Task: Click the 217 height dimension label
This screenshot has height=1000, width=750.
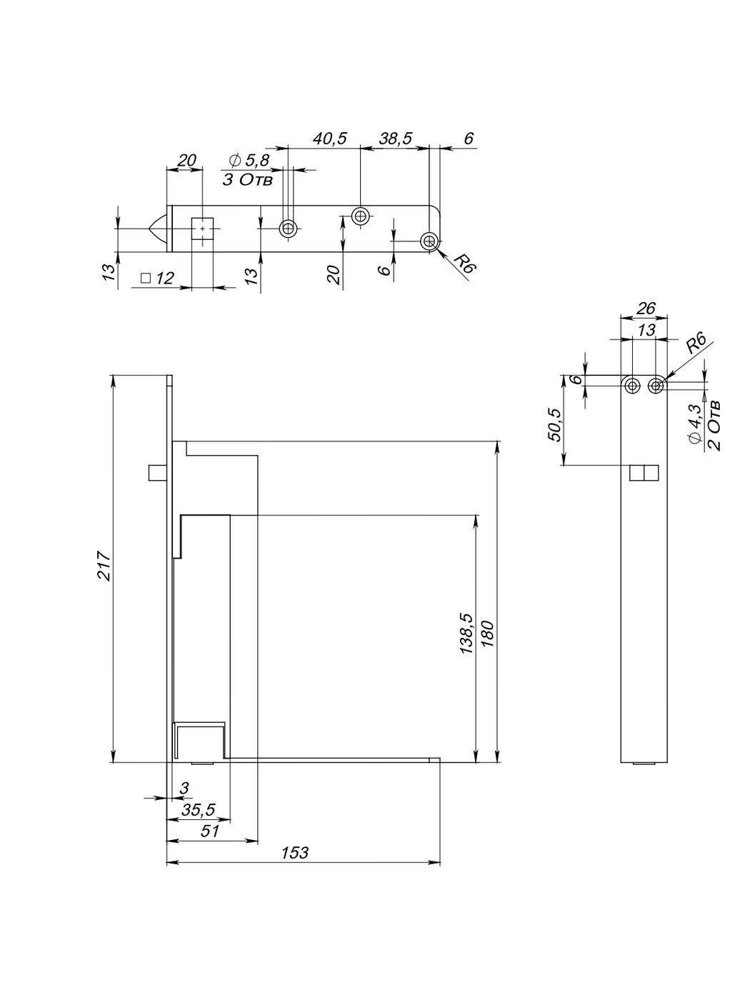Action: pyautogui.click(x=105, y=566)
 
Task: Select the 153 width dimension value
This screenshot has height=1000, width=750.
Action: pyautogui.click(x=294, y=852)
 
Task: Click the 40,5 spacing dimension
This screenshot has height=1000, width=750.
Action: pyautogui.click(x=330, y=138)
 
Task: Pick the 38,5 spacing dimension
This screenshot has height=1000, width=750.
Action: pyautogui.click(x=395, y=138)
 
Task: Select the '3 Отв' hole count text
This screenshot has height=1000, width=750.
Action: pyautogui.click(x=248, y=180)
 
